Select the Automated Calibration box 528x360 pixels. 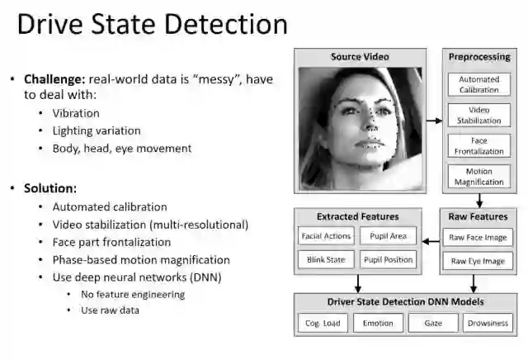coord(479,85)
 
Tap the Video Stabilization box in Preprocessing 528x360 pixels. coord(479,116)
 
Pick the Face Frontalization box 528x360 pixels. coord(479,146)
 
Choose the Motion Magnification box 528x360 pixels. coord(479,177)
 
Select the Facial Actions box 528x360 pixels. coord(326,236)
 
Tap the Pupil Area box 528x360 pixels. coord(388,236)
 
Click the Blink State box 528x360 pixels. coord(326,259)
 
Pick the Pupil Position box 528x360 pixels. coord(388,259)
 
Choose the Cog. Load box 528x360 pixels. coord(323,323)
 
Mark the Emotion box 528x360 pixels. coord(378,323)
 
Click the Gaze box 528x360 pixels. coord(433,323)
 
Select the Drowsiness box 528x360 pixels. coord(488,323)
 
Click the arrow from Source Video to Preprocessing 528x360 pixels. coord(433,121)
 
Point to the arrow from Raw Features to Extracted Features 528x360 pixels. coord(430,241)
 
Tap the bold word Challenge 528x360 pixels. coord(53,80)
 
